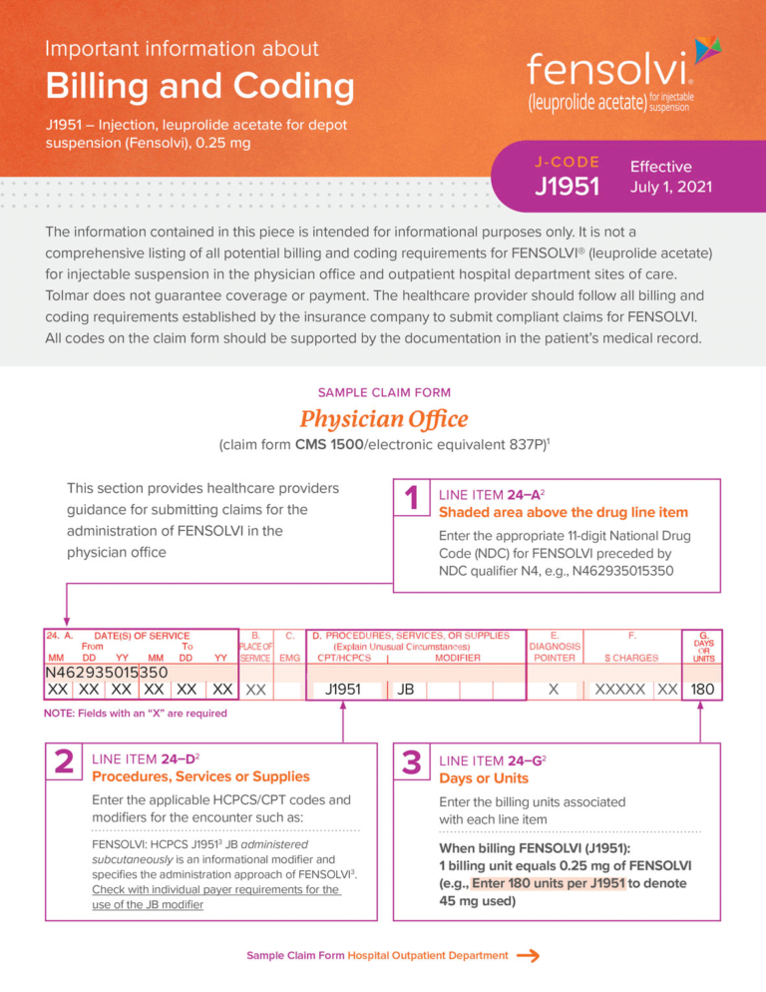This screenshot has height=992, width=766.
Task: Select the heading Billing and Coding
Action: [199, 87]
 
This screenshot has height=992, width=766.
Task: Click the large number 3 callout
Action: [410, 765]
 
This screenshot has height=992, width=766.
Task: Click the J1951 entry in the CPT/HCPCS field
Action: [343, 690]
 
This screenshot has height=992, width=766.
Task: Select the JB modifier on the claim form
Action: [405, 690]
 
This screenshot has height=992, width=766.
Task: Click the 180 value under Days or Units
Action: [701, 690]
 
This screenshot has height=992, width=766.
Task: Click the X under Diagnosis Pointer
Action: [554, 690]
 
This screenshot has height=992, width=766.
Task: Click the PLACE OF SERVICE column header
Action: [256, 646]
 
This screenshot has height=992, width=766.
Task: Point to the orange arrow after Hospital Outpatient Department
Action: [529, 956]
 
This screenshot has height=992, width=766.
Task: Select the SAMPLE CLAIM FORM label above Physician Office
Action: [383, 392]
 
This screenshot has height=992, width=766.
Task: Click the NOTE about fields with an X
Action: [135, 714]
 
